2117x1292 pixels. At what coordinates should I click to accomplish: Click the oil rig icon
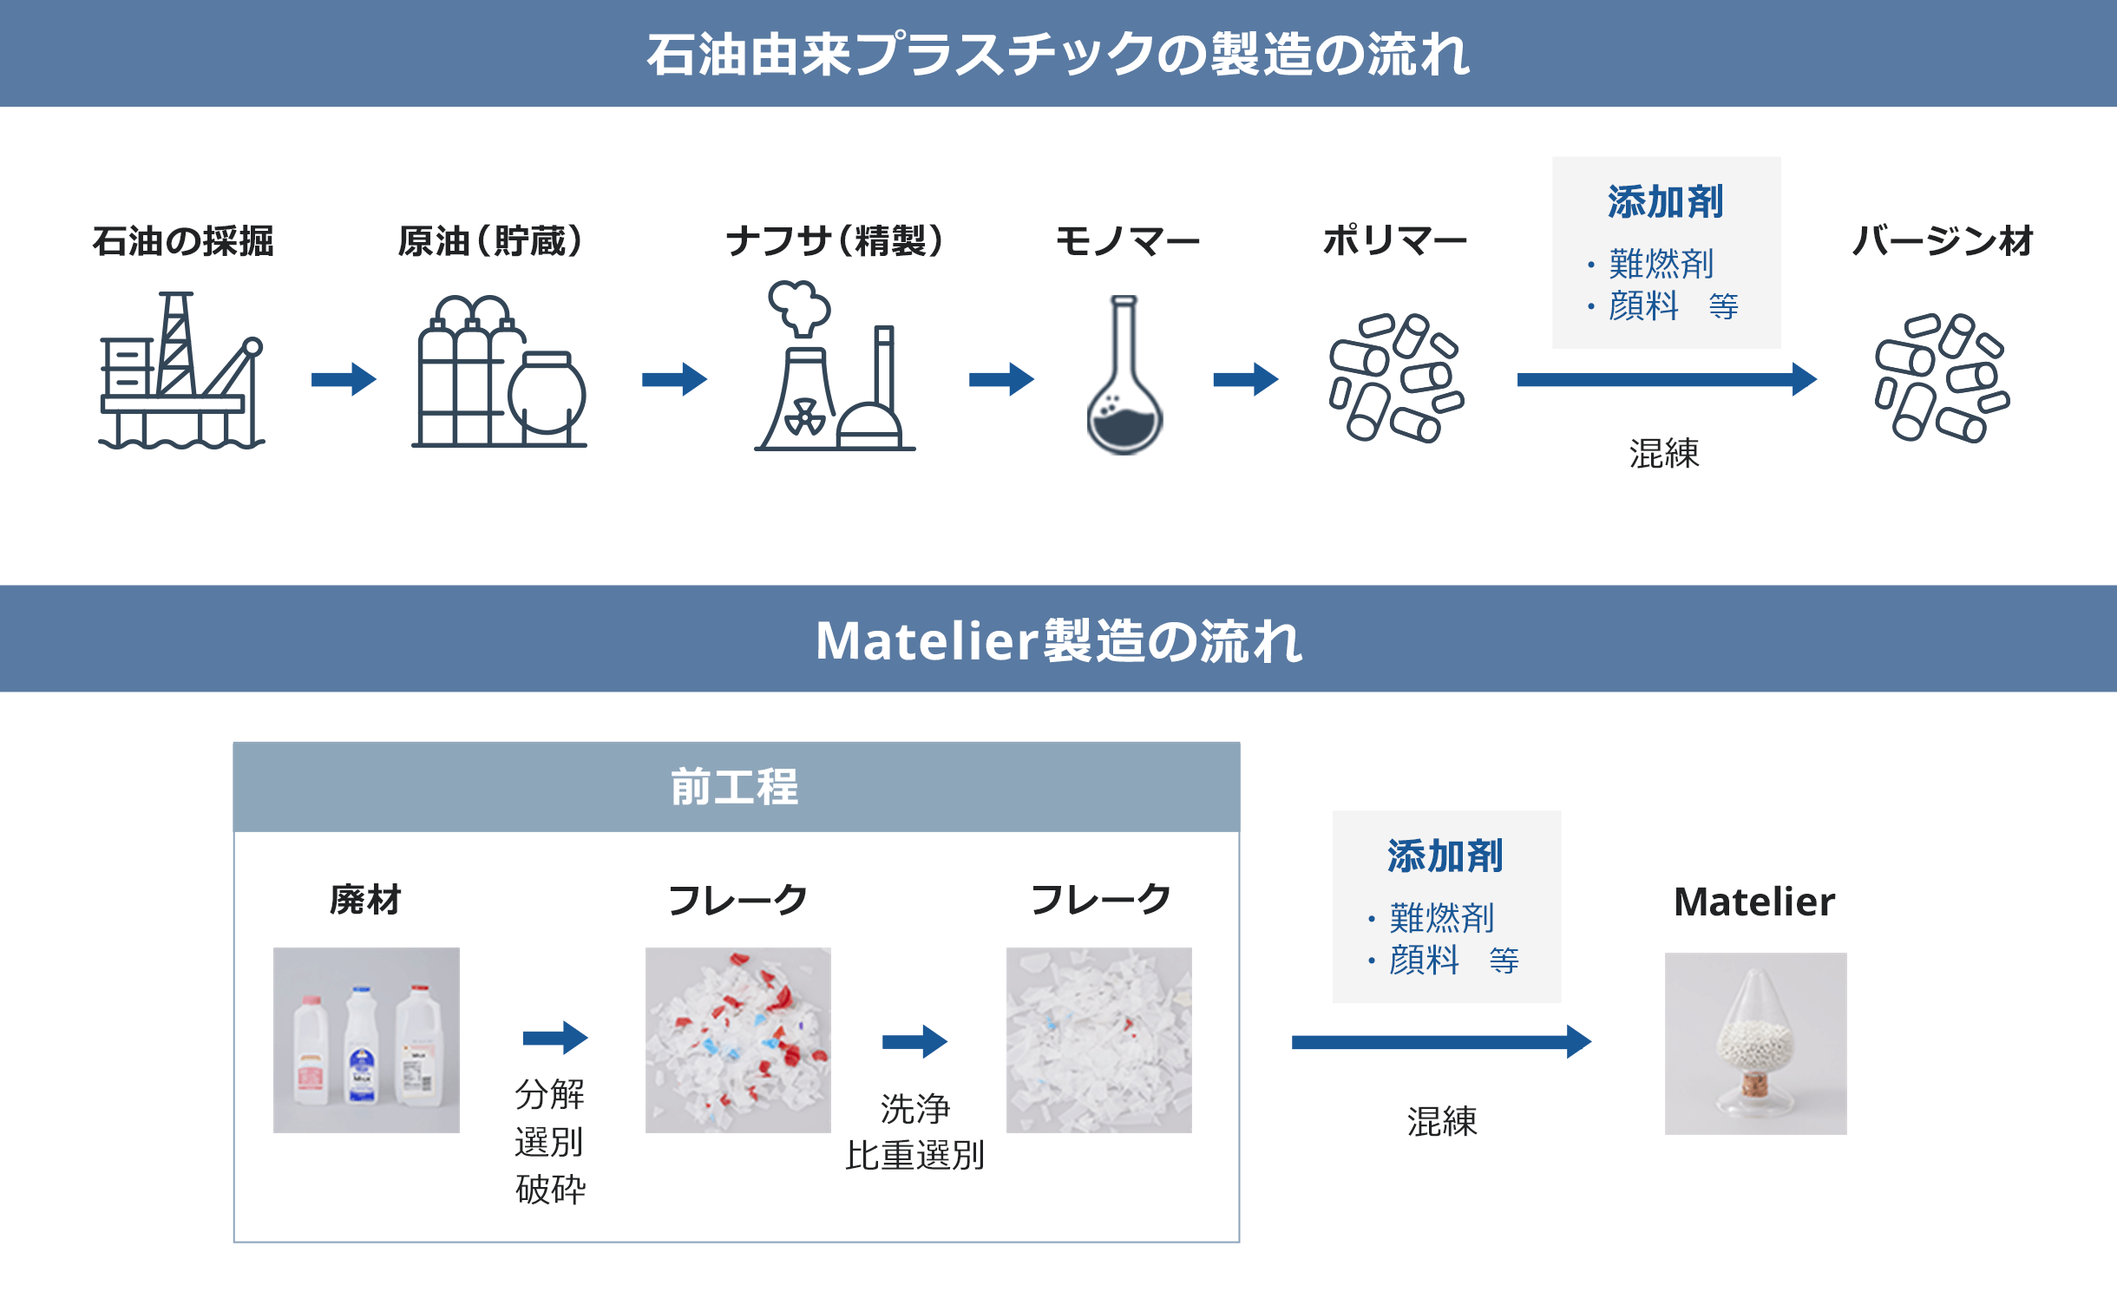click(x=181, y=371)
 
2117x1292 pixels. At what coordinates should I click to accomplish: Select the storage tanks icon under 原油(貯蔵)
click(x=499, y=371)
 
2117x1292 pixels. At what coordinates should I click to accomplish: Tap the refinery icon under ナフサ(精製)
click(x=834, y=366)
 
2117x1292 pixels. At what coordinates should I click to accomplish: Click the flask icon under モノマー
click(x=1124, y=375)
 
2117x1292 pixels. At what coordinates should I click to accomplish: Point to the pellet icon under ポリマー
click(x=1395, y=377)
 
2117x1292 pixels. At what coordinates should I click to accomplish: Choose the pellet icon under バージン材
click(x=1942, y=377)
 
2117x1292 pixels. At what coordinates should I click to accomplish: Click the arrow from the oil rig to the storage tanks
click(x=344, y=379)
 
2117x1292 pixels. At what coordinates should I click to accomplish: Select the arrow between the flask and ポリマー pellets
click(x=1245, y=379)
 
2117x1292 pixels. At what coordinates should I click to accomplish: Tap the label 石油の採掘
click(x=183, y=241)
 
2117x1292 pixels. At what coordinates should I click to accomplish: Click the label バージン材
click(x=1942, y=241)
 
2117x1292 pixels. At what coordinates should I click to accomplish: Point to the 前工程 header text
click(x=735, y=787)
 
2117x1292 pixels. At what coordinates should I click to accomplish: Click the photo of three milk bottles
click(x=366, y=1040)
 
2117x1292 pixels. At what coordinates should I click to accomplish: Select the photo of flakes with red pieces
click(x=737, y=1040)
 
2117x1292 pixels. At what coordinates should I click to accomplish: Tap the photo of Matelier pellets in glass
click(x=1755, y=1043)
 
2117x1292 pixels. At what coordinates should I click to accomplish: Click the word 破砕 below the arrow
click(x=550, y=1189)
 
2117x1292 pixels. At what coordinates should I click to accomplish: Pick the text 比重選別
click(x=914, y=1156)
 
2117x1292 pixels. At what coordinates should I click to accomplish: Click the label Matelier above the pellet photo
click(x=1753, y=902)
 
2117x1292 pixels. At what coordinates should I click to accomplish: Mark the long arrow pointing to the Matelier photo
click(x=1440, y=1041)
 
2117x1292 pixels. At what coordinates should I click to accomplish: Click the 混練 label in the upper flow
click(x=1663, y=454)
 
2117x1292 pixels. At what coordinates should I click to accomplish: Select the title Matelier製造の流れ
click(x=1058, y=640)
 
